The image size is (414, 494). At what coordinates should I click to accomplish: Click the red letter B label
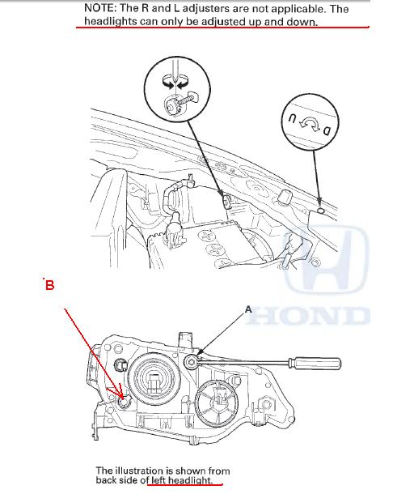pyautogui.click(x=49, y=285)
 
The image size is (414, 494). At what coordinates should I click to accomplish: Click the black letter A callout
pyautogui.click(x=248, y=309)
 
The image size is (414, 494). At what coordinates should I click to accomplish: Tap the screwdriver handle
pyautogui.click(x=315, y=363)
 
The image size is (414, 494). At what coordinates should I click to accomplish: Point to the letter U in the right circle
pyautogui.click(x=293, y=119)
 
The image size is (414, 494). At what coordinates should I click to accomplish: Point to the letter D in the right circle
pyautogui.click(x=327, y=130)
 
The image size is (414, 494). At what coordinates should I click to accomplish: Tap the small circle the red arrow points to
pyautogui.click(x=125, y=402)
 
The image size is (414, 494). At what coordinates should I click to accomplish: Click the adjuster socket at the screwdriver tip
pyautogui.click(x=191, y=361)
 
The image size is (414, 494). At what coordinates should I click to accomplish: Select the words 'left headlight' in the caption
pyautogui.click(x=180, y=480)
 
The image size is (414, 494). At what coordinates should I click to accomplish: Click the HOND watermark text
pyautogui.click(x=308, y=315)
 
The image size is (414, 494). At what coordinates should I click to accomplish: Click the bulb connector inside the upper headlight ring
pyautogui.click(x=154, y=382)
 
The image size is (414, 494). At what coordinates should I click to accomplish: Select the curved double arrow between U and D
pyautogui.click(x=310, y=124)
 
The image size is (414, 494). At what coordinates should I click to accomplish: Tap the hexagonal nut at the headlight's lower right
pyautogui.click(x=266, y=405)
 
